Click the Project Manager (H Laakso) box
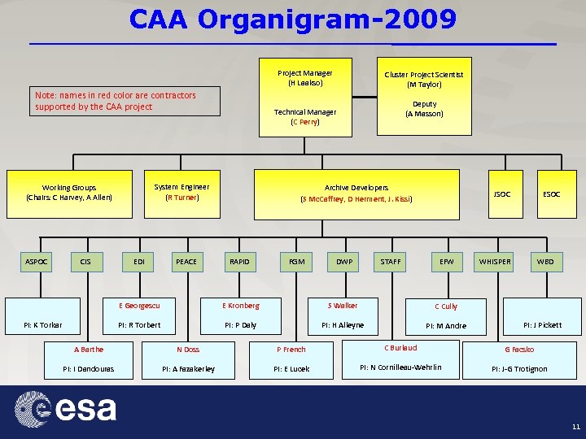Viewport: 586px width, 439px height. [x=305, y=78]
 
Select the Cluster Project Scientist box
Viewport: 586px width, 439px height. [x=424, y=79]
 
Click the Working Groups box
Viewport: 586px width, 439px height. [x=69, y=192]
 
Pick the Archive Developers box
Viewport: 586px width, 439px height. [x=356, y=193]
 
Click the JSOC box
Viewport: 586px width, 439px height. [x=502, y=194]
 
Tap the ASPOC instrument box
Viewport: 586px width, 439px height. [x=37, y=262]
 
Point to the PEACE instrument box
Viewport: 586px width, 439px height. [x=186, y=262]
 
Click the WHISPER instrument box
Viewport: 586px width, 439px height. [x=495, y=262]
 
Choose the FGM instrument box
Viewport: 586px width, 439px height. [x=297, y=262]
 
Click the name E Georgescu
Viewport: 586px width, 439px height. [x=139, y=306]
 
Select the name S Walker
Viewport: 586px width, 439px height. [x=342, y=306]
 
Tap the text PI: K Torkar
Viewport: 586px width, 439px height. [x=43, y=325]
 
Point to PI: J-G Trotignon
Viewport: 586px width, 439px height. [x=519, y=368]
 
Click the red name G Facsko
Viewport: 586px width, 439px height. [x=519, y=350]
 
